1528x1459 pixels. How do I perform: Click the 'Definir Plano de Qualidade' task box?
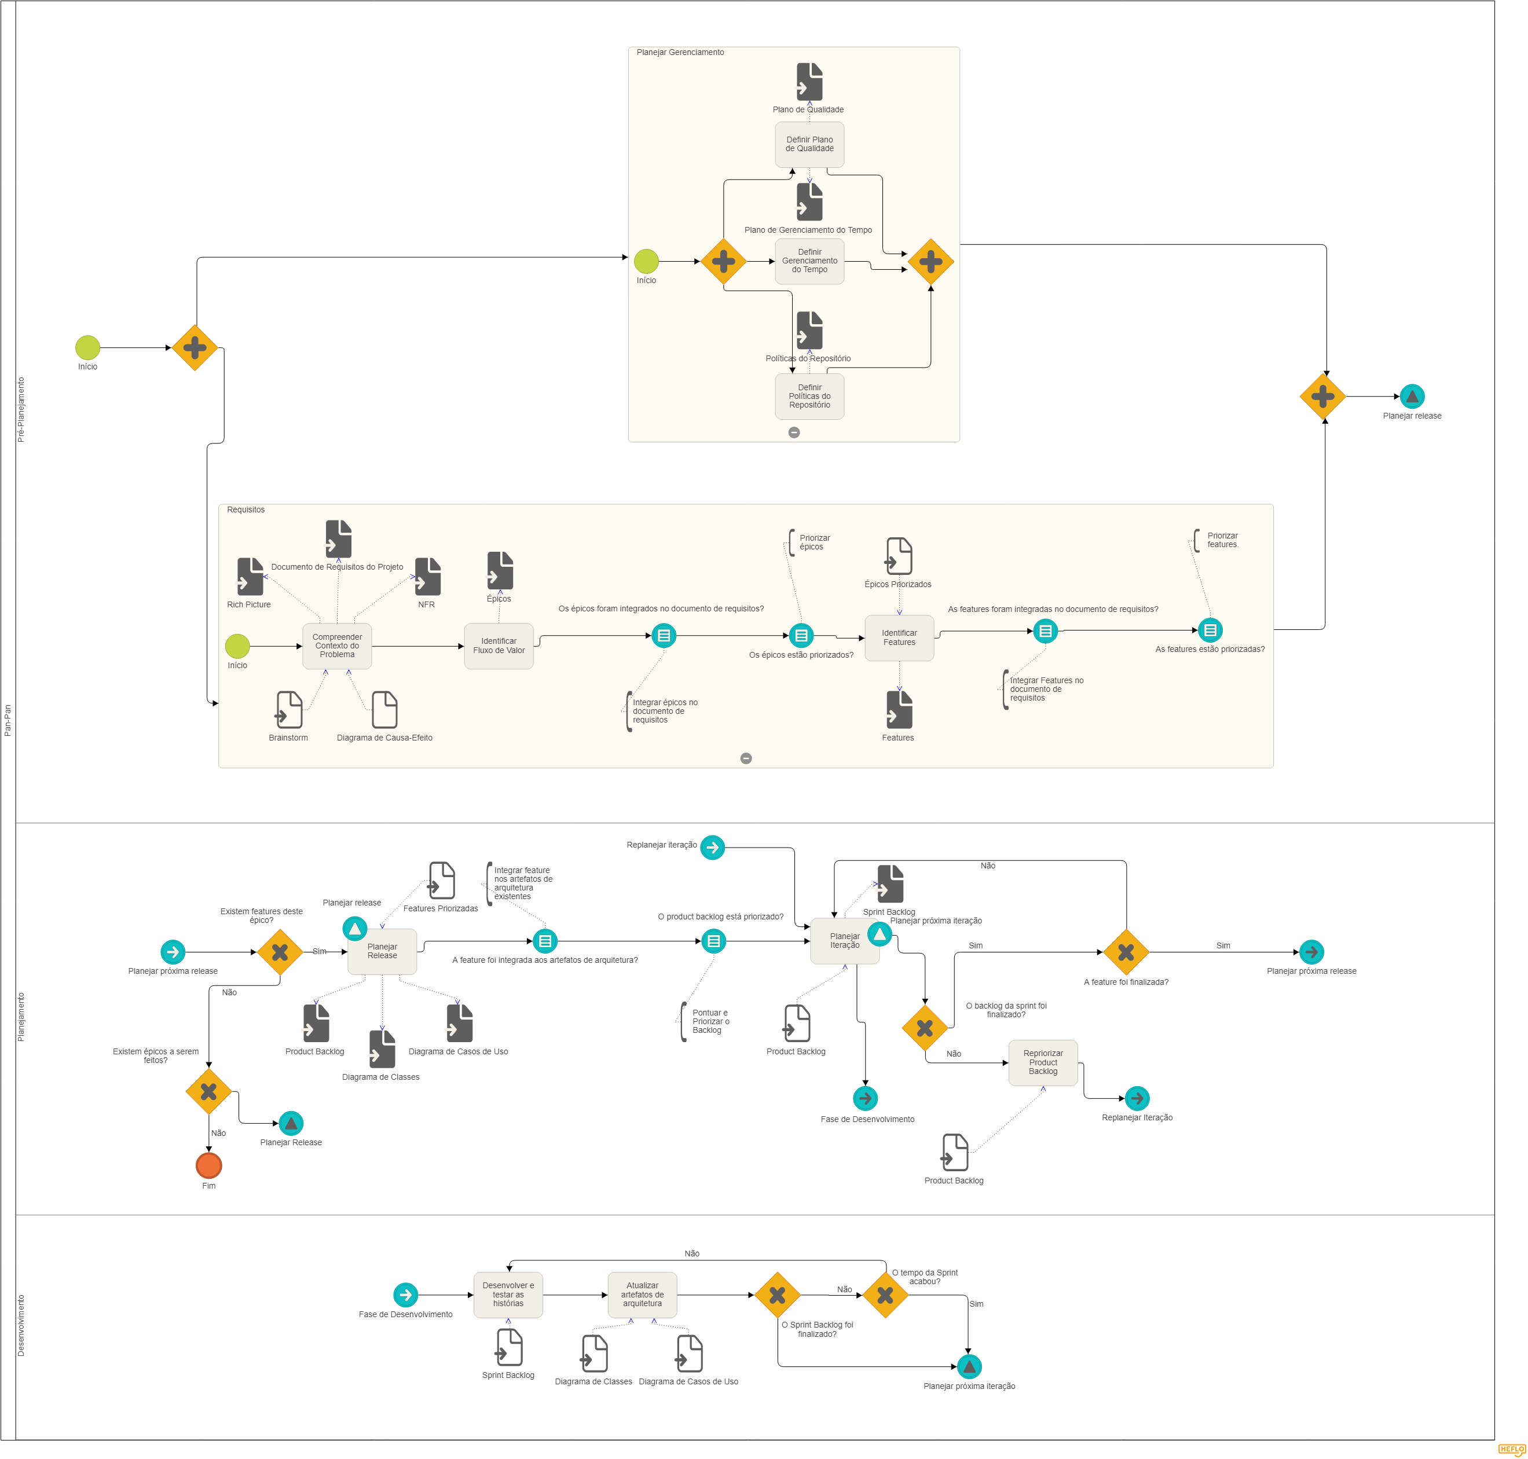click(809, 144)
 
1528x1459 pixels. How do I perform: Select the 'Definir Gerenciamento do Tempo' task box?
click(809, 261)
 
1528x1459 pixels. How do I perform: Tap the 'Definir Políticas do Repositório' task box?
click(809, 396)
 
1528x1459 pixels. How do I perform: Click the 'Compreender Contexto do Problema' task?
click(337, 646)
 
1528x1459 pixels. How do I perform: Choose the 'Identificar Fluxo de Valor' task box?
click(499, 646)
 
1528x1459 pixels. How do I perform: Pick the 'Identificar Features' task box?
click(899, 637)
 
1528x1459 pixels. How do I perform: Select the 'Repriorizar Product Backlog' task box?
click(1043, 1062)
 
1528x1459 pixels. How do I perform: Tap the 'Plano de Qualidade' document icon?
click(809, 82)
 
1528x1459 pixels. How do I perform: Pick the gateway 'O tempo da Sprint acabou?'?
click(885, 1295)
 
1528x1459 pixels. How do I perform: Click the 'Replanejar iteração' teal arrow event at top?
click(712, 847)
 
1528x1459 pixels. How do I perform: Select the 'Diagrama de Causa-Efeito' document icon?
click(384, 709)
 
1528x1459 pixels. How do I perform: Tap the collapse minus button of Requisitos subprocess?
click(746, 758)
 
